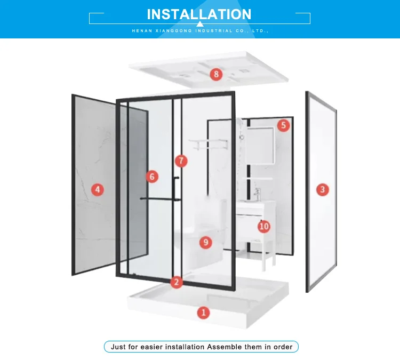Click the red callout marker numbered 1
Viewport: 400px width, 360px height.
pos(204,313)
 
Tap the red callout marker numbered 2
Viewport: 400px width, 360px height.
pos(177,282)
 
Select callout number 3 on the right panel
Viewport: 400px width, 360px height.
pos(323,189)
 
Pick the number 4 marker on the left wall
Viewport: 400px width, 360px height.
pos(98,189)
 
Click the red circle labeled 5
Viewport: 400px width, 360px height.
pos(283,125)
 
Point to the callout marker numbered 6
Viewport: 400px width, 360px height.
pos(152,177)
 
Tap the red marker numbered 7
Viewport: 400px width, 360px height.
pos(181,161)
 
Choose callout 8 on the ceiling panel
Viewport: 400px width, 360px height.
pos(216,74)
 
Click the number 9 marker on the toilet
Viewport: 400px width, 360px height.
pos(206,242)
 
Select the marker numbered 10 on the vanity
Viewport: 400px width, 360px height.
pos(264,227)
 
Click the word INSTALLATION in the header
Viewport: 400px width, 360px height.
pos(199,14)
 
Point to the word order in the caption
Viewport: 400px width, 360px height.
pos(283,347)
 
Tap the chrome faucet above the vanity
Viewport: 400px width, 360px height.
pos(257,195)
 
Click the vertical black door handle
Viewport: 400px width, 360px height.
pos(176,189)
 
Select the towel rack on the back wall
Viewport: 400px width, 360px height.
pos(208,144)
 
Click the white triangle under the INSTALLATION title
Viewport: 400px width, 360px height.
pos(200,24)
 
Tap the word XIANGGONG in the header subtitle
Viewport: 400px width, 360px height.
pos(173,31)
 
